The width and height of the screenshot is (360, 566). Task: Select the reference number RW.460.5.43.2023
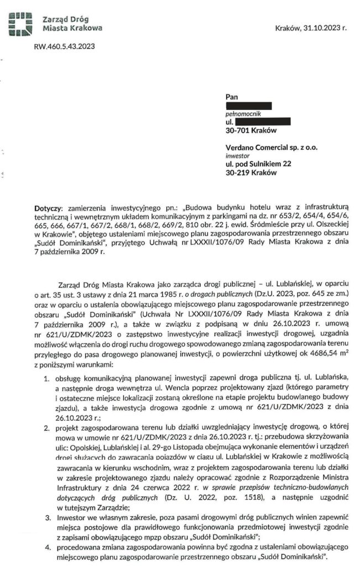coord(64,46)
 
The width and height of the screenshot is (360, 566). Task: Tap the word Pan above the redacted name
coord(232,97)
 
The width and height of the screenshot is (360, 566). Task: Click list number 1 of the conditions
coord(47,379)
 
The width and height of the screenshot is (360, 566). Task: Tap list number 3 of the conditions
coord(47,518)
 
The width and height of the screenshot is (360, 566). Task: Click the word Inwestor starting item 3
coord(73,518)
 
